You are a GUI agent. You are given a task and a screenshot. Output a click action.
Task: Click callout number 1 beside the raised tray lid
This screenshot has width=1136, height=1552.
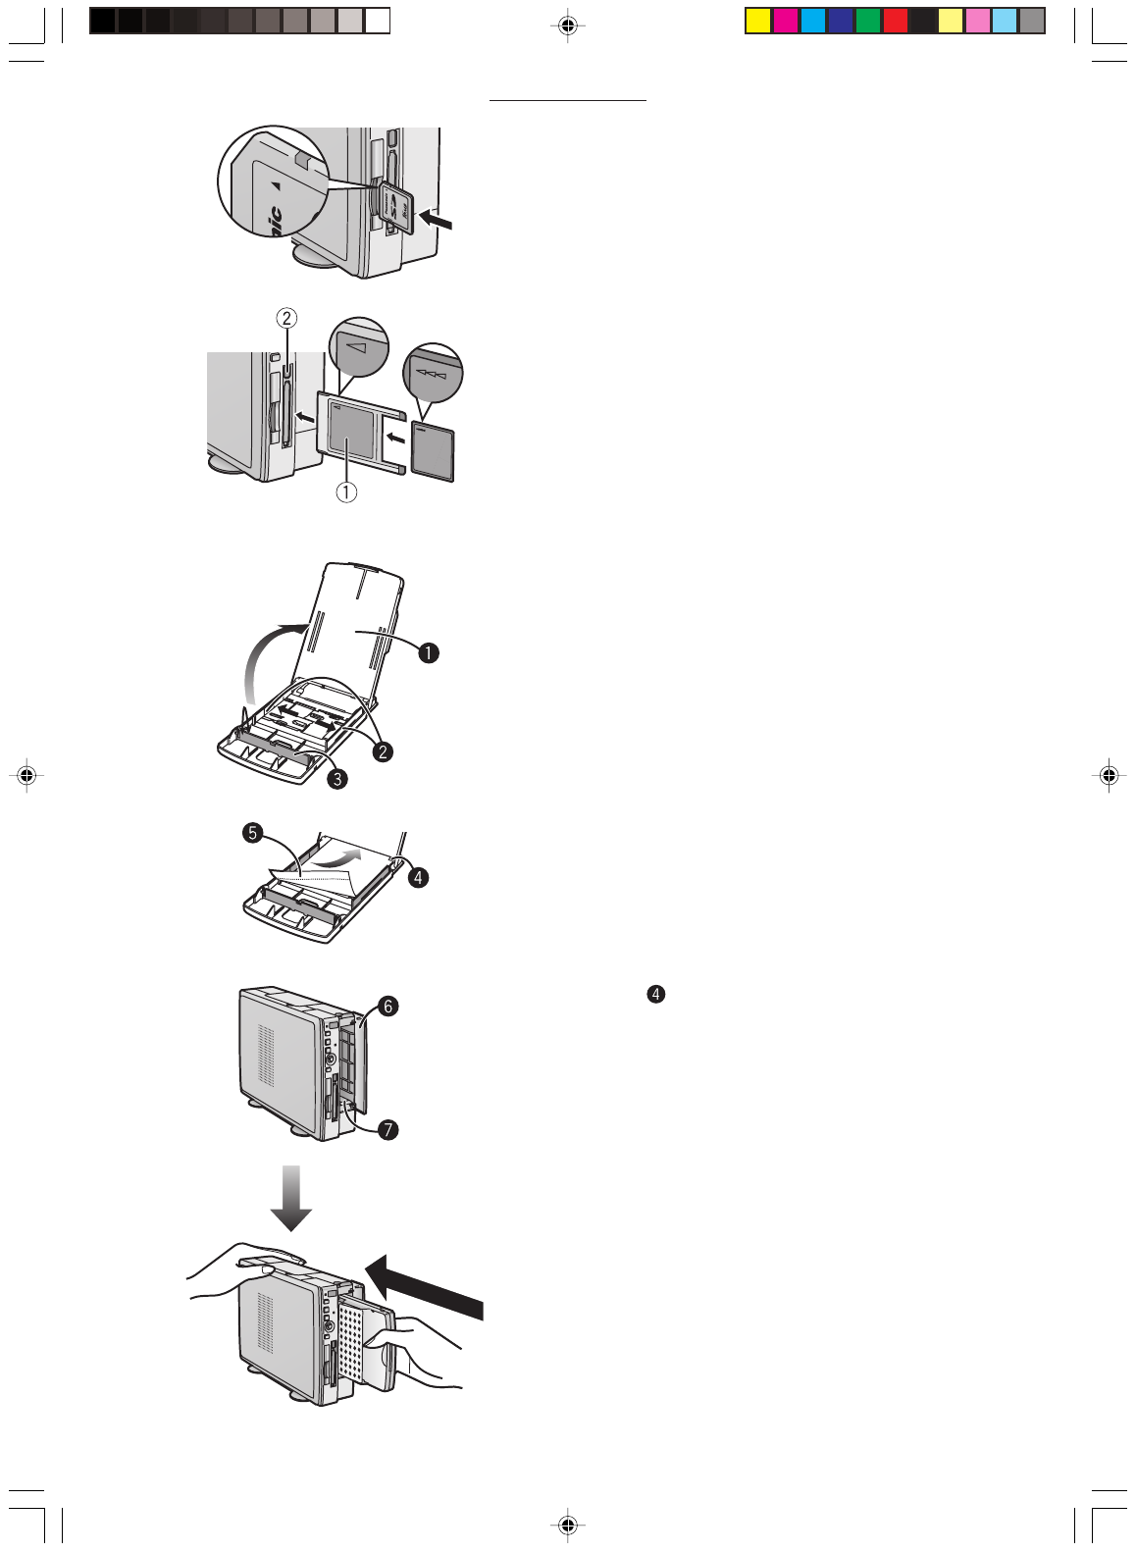[x=429, y=652]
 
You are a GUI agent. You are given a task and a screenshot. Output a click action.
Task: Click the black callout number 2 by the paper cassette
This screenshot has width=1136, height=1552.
[x=383, y=751]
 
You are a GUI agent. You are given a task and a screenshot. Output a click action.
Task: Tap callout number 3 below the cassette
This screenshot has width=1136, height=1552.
[x=336, y=779]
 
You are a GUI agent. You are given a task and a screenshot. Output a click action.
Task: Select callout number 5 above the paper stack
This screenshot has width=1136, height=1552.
[x=253, y=833]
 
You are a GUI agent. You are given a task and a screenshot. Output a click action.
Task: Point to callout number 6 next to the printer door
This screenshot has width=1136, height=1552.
[x=388, y=1006]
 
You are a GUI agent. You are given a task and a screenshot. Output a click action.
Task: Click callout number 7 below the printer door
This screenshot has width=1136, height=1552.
[x=388, y=1129]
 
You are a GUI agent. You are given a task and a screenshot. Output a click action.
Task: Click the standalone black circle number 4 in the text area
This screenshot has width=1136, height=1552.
[x=655, y=994]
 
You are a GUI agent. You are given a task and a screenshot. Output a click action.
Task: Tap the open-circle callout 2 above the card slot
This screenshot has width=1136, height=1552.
[x=285, y=318]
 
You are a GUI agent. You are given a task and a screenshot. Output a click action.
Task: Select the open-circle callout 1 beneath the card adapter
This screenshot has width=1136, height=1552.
[x=346, y=492]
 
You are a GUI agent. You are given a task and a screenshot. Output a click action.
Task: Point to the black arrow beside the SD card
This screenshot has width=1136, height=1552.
[x=437, y=220]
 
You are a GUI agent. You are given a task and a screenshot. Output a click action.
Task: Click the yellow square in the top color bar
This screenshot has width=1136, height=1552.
[x=757, y=21]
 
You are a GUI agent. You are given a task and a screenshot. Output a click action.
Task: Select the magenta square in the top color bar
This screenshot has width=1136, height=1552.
[x=785, y=21]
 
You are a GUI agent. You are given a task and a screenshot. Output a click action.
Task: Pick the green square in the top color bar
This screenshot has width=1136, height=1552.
[x=867, y=21]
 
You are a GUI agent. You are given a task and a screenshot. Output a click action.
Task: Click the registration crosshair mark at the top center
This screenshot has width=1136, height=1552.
[x=567, y=26]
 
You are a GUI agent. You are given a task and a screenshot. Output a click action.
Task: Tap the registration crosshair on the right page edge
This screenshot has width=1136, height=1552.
[x=1109, y=775]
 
